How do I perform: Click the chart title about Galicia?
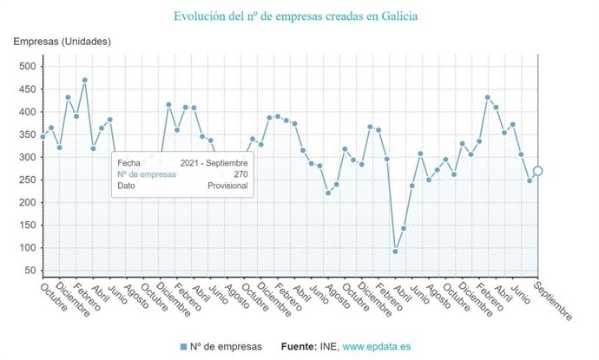[x=299, y=16]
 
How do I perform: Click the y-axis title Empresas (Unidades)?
[x=62, y=42]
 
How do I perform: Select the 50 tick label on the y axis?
[x=30, y=272]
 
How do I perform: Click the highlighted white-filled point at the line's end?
[x=537, y=171]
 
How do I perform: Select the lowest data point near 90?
[x=396, y=252]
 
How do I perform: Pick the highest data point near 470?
[x=85, y=80]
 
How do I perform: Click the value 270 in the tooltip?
[x=240, y=173]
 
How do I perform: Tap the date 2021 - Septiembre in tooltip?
[x=214, y=162]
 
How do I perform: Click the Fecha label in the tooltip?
[x=128, y=162]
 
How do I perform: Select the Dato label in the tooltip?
[x=127, y=186]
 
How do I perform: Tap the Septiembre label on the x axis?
[x=554, y=302]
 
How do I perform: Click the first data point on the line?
[x=43, y=136]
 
